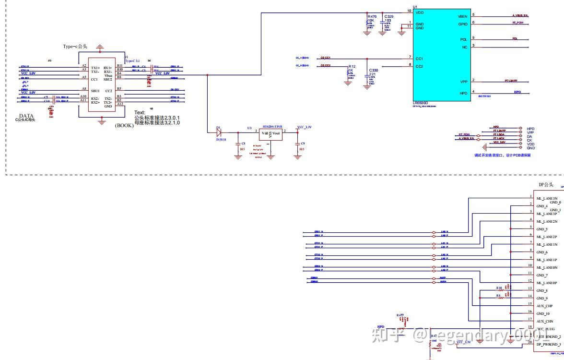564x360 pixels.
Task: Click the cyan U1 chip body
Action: coord(441,53)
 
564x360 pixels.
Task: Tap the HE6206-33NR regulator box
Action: coord(270,134)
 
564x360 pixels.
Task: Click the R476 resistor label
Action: coord(372,17)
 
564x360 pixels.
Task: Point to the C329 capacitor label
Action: coord(388,17)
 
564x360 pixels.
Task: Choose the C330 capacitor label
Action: coord(374,70)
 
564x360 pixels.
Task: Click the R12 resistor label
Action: coord(352,67)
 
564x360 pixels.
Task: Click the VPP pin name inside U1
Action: coord(463,82)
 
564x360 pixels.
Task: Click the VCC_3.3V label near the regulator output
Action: coord(305,127)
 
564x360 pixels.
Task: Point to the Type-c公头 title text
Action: coord(75,47)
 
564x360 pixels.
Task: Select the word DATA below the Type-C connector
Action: coord(26,116)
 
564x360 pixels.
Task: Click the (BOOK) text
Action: coord(124,125)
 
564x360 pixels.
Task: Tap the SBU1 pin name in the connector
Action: coord(96,90)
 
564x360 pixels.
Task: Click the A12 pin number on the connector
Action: coord(119,104)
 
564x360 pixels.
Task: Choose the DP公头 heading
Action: coord(546,185)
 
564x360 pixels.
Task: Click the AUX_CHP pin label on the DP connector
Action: coord(545,306)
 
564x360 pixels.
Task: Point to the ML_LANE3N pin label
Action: coord(547,198)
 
